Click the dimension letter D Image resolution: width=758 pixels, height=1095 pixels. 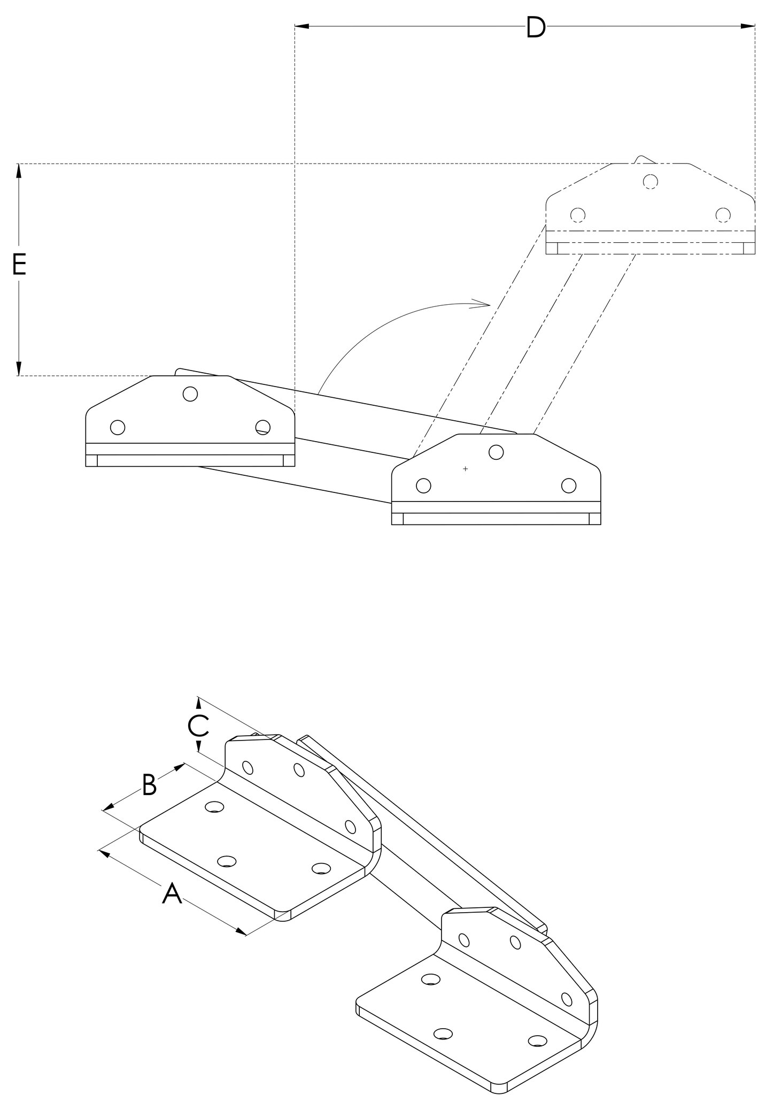click(535, 28)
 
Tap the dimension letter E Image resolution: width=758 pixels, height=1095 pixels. click(19, 265)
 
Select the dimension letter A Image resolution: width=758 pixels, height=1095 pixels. click(172, 894)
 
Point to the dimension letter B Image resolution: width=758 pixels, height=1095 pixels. click(149, 785)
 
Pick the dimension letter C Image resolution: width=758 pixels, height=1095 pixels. click(198, 726)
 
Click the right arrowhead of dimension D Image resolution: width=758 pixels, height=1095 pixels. click(748, 26)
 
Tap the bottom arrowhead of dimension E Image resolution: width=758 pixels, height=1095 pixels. click(19, 368)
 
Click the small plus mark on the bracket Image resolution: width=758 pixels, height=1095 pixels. click(466, 469)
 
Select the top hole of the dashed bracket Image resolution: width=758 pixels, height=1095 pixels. click(650, 182)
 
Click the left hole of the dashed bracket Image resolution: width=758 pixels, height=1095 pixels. click(577, 215)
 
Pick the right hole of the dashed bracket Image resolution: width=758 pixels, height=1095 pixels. click(723, 215)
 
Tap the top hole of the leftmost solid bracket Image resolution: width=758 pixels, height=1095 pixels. click(190, 394)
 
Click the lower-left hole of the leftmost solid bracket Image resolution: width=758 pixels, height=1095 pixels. click(118, 427)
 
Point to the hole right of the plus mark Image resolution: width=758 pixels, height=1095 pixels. click(496, 452)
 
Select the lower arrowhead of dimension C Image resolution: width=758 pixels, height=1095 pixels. click(199, 746)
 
